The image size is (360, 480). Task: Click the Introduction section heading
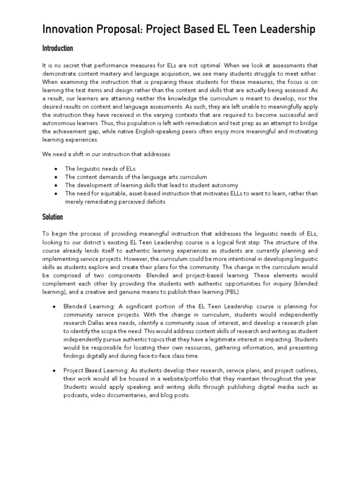58,48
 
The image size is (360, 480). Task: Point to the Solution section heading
52,217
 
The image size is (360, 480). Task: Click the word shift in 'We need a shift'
78,154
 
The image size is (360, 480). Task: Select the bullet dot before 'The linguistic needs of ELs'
56,168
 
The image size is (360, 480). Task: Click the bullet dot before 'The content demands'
56,177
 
